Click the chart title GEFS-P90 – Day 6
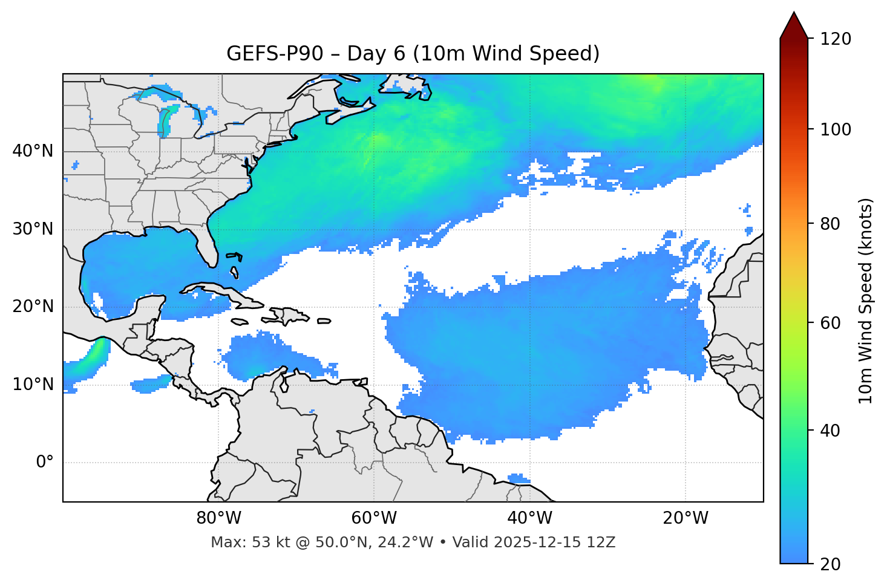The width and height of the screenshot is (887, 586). tap(413, 54)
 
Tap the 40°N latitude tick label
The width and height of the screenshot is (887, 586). tap(33, 151)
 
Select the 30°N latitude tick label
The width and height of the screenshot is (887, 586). tap(33, 229)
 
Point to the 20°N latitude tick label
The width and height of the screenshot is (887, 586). tap(33, 307)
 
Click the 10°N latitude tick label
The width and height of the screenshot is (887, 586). tap(33, 385)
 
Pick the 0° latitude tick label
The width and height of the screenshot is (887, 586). tap(45, 463)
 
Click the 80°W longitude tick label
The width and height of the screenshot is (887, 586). tap(218, 518)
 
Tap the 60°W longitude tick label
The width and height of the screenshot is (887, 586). tap(374, 518)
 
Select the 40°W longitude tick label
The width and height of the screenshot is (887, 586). tap(529, 518)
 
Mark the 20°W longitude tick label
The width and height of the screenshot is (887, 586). tap(685, 518)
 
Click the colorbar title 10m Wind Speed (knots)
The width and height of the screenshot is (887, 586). tap(866, 301)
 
